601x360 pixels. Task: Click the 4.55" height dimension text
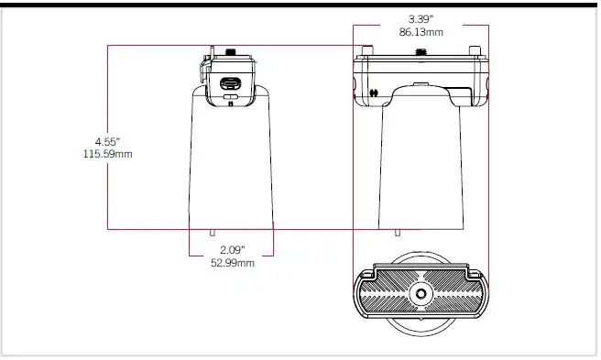tap(106, 141)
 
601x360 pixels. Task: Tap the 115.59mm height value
tap(106, 154)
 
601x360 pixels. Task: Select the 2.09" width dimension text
tap(231, 250)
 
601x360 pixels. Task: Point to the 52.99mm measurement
tap(231, 263)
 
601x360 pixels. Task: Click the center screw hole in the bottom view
tap(421, 294)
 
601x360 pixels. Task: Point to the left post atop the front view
tap(367, 49)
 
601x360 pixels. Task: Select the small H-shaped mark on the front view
tap(375, 93)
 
